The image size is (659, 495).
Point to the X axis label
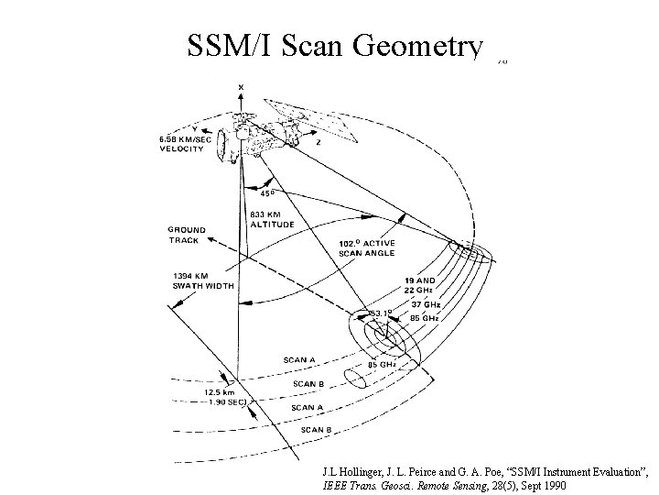click(x=241, y=88)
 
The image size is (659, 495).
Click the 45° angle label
click(x=266, y=193)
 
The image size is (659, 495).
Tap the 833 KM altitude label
click(x=271, y=220)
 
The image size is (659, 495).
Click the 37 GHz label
click(x=426, y=303)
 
